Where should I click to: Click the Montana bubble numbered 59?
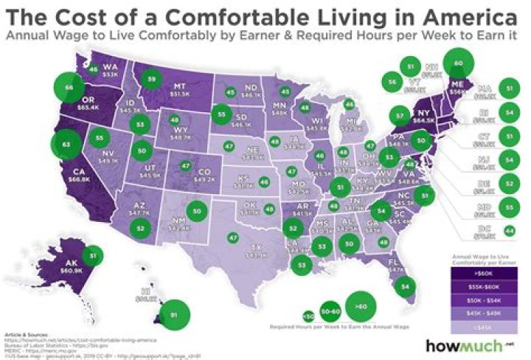click(151, 78)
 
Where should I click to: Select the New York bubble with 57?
click(400, 115)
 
